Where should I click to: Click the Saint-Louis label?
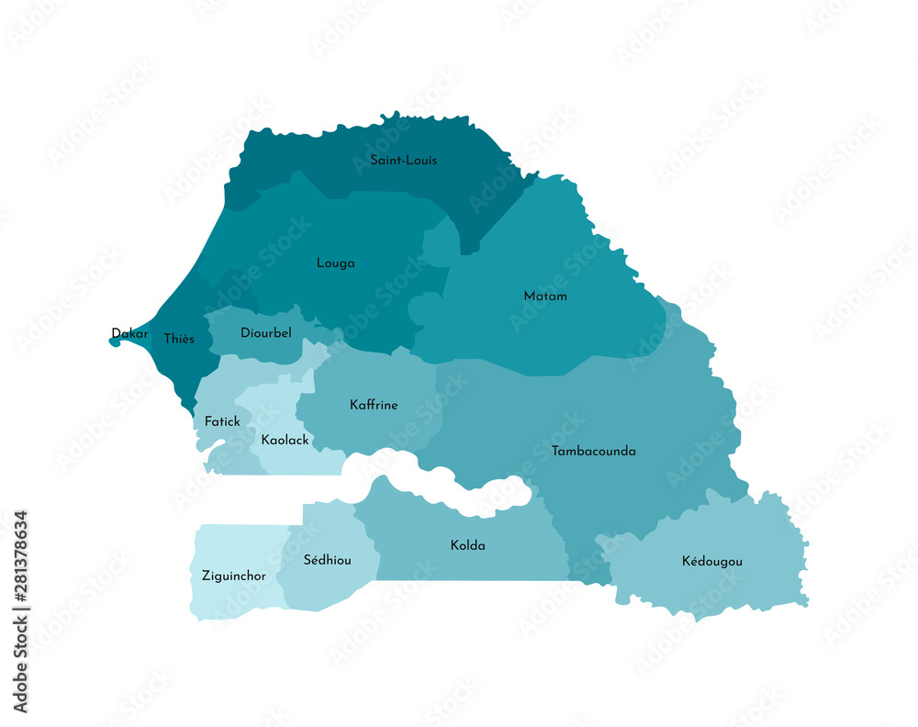(403, 161)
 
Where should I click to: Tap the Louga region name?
(335, 263)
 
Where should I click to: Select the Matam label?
(544, 296)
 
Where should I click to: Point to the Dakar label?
(129, 333)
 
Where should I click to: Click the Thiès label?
(179, 340)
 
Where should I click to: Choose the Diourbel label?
(265, 333)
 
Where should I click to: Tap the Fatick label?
(222, 422)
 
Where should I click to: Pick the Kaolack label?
(285, 441)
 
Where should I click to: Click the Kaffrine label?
(374, 405)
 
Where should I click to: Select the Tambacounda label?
(593, 452)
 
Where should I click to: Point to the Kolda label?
(467, 546)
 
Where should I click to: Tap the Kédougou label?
(711, 561)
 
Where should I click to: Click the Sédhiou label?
(327, 560)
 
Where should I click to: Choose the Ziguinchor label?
(233, 576)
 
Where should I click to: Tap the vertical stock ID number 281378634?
(20, 611)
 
